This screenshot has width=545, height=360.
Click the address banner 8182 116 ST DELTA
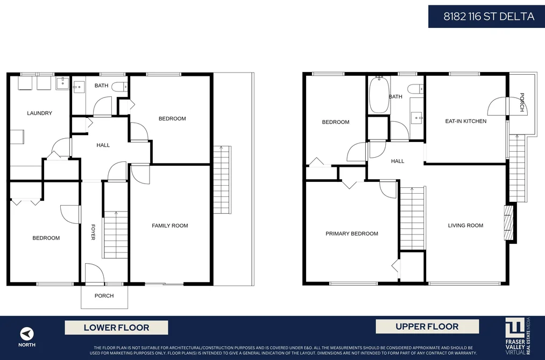[x=486, y=16]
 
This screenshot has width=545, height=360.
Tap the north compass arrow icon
[x=27, y=334]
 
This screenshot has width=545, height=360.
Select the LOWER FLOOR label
[x=116, y=327]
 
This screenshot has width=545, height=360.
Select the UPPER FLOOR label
[x=427, y=327]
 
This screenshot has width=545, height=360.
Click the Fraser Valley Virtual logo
[x=518, y=336]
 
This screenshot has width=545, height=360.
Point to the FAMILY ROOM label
[x=170, y=225]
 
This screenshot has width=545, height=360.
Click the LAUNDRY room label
[x=40, y=113]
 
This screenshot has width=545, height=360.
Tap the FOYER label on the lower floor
[x=93, y=232]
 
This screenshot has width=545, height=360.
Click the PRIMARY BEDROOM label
[x=352, y=234]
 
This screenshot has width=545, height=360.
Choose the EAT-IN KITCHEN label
[x=466, y=121]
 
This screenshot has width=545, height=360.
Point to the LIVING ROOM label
[x=465, y=225]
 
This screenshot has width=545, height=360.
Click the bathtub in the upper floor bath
[x=379, y=95]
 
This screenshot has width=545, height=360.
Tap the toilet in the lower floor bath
[x=121, y=87]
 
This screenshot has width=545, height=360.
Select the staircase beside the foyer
[x=115, y=235]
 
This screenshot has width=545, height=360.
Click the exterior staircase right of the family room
[x=222, y=180]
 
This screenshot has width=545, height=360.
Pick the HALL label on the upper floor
[x=398, y=161]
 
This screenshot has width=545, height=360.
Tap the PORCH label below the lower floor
[x=104, y=296]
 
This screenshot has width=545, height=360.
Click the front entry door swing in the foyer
[x=94, y=273]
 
